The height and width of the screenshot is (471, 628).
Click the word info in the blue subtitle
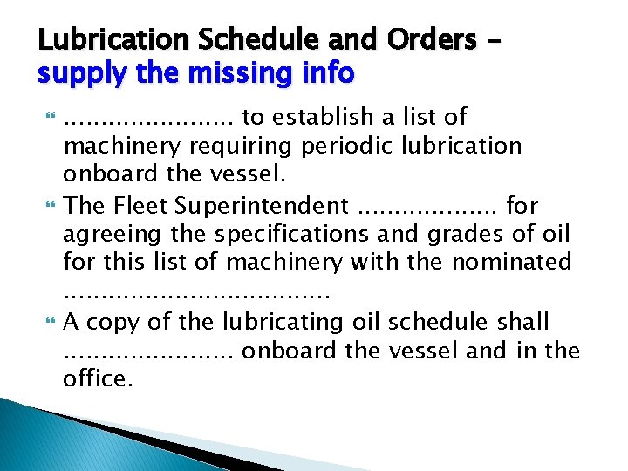coord(327,74)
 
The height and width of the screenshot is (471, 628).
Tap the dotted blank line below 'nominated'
coord(196,294)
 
